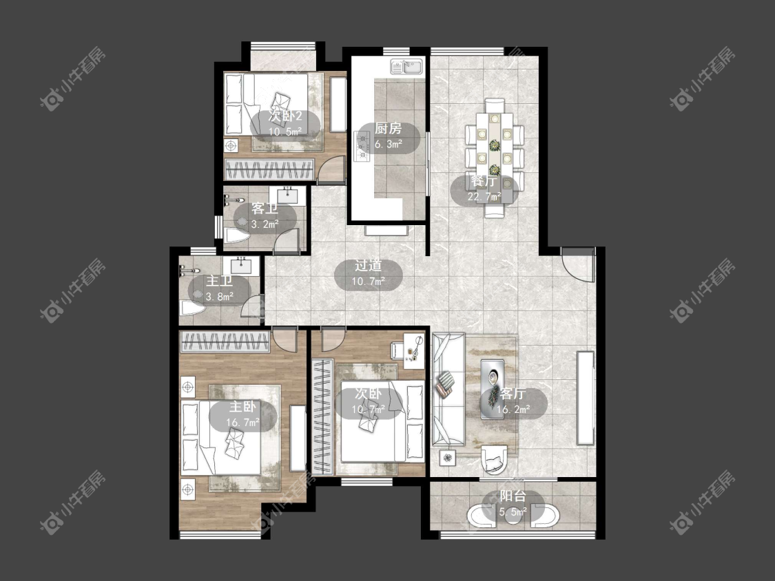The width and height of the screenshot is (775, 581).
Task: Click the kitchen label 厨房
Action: (388, 129)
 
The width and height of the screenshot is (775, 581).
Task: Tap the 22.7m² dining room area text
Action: (484, 197)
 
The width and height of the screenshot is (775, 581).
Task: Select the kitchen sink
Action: (407, 67)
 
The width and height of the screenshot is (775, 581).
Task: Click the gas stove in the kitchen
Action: (362, 146)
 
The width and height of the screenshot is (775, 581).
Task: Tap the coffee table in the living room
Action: (493, 390)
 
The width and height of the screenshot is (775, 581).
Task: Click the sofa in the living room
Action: (448, 390)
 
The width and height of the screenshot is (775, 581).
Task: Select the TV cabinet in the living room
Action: (585, 398)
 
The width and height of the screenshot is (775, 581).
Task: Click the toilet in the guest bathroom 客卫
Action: (237, 235)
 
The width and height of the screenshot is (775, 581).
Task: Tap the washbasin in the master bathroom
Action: (240, 265)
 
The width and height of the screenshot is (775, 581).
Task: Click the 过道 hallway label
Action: (369, 266)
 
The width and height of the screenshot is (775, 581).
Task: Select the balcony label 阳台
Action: (513, 496)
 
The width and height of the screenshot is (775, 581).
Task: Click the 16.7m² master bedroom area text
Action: (242, 423)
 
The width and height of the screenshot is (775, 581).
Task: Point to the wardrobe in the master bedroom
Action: (225, 341)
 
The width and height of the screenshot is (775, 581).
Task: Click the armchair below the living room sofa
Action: (494, 459)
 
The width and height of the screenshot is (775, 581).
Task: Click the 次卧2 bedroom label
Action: (285, 116)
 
